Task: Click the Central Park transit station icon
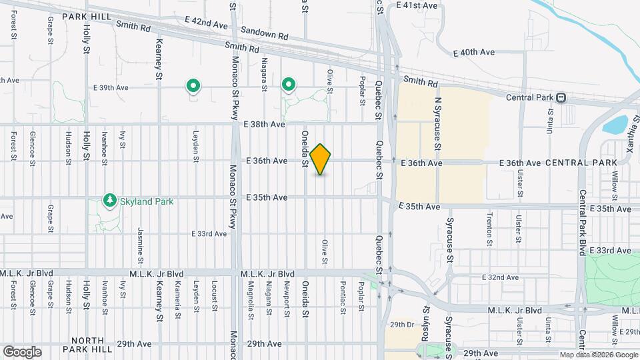pyautogui.click(x=561, y=97)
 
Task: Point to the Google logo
pyautogui.click(x=22, y=351)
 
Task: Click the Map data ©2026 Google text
pyautogui.click(x=598, y=355)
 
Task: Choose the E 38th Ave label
pyautogui.click(x=265, y=124)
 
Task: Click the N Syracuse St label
pyautogui.click(x=438, y=123)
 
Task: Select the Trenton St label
pyautogui.click(x=489, y=228)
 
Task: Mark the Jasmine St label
pyautogui.click(x=141, y=243)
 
